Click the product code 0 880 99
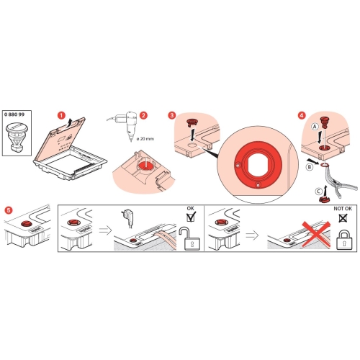[x=14, y=114]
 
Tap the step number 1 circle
[x=61, y=115]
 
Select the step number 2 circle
[x=143, y=115]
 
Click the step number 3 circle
[x=172, y=115]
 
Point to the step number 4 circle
[x=302, y=115]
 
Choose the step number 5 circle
[x=9, y=210]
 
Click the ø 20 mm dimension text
[x=145, y=139]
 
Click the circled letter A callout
[x=315, y=126]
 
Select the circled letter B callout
[x=310, y=167]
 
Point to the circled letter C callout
[x=318, y=192]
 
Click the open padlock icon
[x=190, y=238]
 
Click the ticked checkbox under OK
[x=191, y=217]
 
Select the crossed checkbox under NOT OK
[x=343, y=218]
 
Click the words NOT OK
[x=343, y=209]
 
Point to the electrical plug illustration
[x=127, y=219]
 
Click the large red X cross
[x=316, y=234]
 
